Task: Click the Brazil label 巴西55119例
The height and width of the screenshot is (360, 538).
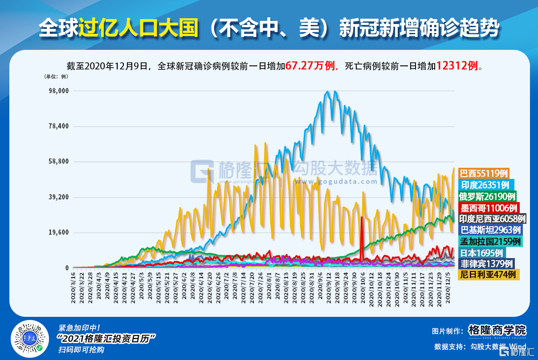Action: [x=483, y=173]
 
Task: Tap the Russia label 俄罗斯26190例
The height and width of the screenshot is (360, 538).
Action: [x=488, y=196]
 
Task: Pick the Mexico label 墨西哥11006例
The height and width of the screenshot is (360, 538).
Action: [x=489, y=207]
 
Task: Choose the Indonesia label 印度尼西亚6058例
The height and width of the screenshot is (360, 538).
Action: [x=493, y=218]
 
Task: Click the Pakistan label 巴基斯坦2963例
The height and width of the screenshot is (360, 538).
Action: [x=490, y=230]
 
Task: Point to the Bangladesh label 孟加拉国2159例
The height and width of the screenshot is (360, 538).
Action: [x=490, y=241]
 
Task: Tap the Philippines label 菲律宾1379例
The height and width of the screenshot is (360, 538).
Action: [x=487, y=263]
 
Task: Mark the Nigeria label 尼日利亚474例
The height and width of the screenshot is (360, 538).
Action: [x=489, y=275]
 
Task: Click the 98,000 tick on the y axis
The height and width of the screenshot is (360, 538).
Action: [x=59, y=91]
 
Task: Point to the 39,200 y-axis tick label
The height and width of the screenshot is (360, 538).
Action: [x=59, y=197]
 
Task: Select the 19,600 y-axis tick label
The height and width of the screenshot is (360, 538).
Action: [x=59, y=232]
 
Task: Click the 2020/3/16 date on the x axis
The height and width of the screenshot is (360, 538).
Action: [x=74, y=290]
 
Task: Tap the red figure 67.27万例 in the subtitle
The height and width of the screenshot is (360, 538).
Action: [x=310, y=66]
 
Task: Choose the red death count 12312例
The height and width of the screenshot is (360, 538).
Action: [x=457, y=66]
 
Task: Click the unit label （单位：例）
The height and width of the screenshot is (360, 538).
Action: [x=56, y=77]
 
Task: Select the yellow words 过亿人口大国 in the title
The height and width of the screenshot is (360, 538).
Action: [x=138, y=28]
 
